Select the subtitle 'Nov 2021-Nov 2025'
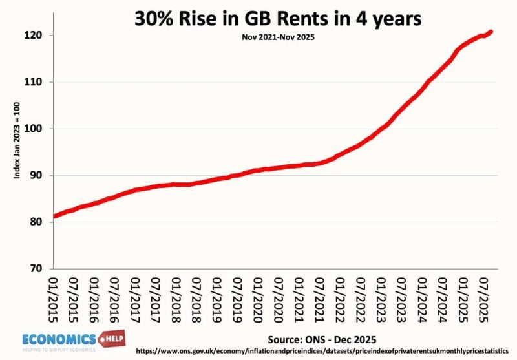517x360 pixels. pyautogui.click(x=277, y=37)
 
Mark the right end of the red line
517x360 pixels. pyautogui.click(x=492, y=32)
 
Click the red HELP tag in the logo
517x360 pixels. pyautogui.click(x=111, y=337)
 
